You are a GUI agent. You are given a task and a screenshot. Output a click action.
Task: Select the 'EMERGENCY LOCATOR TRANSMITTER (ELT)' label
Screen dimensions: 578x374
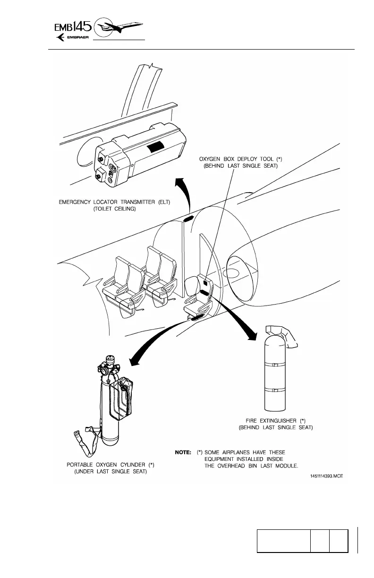pyautogui.click(x=115, y=202)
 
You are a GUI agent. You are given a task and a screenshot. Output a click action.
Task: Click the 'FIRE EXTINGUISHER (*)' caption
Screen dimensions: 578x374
pyautogui.click(x=276, y=420)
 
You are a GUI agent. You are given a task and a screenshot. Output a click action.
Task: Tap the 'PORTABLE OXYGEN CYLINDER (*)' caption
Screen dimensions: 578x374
pyautogui.click(x=110, y=465)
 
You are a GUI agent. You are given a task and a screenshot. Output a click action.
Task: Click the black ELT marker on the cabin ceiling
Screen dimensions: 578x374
pyautogui.click(x=188, y=218)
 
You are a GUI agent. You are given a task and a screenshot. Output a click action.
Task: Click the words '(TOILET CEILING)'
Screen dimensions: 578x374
pyautogui.click(x=115, y=209)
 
